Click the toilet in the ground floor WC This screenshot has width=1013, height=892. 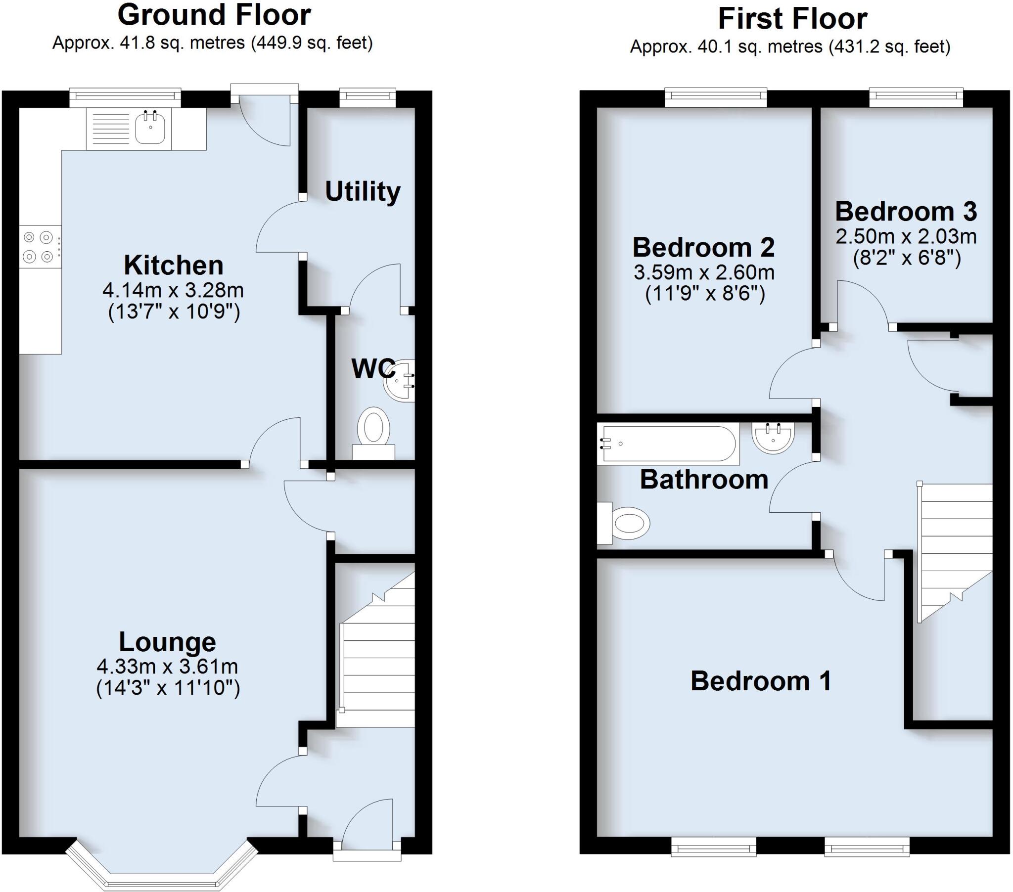(373, 428)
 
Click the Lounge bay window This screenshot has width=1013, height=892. (162, 871)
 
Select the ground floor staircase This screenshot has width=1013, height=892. (376, 669)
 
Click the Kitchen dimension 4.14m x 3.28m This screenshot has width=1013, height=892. (173, 290)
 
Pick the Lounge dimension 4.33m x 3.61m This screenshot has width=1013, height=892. (168, 667)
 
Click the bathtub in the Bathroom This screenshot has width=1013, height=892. (667, 444)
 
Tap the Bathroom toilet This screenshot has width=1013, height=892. (625, 523)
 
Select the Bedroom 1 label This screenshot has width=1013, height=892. (761, 681)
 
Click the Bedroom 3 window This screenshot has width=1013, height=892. (916, 97)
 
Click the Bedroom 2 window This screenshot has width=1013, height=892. (715, 97)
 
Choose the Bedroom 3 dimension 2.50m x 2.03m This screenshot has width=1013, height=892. (906, 237)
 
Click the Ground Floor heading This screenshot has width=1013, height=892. (214, 15)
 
